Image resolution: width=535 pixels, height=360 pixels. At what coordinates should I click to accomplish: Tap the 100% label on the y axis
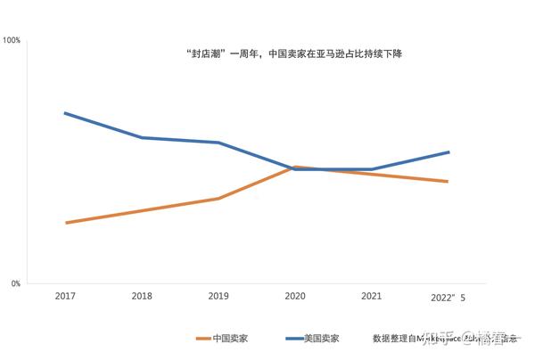coord(12,41)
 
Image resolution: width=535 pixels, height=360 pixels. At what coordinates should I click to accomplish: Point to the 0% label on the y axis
coord(15,284)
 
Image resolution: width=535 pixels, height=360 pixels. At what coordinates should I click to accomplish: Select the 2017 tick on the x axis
coord(65,296)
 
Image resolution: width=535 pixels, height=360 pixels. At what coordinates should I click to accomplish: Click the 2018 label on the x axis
coord(142,296)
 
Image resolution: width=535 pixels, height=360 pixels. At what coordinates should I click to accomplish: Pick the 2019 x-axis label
coord(218,296)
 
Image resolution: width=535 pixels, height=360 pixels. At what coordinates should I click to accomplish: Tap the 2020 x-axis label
coord(295,296)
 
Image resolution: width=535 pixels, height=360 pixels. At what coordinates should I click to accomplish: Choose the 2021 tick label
coord(372,296)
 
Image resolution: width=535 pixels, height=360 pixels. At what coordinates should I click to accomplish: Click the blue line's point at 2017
coord(65,113)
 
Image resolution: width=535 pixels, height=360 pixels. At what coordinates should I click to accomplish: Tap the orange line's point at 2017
coord(65,223)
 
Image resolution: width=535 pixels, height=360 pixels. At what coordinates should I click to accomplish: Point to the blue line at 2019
coord(218,143)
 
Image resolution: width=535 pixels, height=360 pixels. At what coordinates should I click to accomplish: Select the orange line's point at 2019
coord(218,199)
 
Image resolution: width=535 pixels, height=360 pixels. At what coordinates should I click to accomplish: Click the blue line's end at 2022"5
coord(449,152)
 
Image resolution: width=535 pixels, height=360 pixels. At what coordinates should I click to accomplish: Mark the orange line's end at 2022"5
coord(449,182)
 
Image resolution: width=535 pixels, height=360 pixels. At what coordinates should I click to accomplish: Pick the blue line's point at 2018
coord(142,137)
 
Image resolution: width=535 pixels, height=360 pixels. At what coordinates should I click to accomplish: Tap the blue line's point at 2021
coord(372,169)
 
